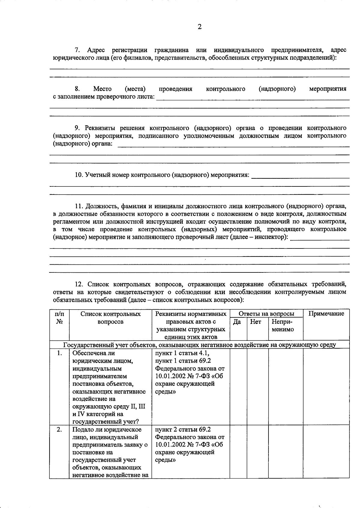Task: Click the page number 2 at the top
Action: (x=200, y=27)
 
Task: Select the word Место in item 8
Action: (x=102, y=89)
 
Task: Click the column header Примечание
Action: (x=326, y=314)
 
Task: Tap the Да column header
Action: (x=237, y=322)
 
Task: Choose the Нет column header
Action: (x=256, y=322)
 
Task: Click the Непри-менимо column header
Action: (x=282, y=325)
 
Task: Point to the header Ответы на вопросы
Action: (x=266, y=314)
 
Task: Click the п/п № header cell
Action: (x=59, y=318)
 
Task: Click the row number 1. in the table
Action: (x=60, y=353)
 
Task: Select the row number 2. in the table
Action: (x=59, y=430)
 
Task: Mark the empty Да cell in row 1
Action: (x=238, y=387)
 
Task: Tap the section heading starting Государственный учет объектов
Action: (x=199, y=345)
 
